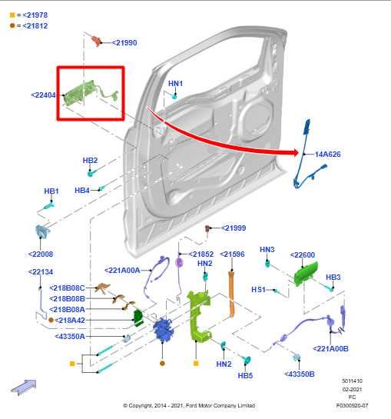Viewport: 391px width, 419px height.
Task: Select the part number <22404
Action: click(x=43, y=95)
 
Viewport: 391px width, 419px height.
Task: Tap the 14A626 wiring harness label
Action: click(x=327, y=155)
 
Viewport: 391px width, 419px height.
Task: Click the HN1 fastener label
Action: click(x=175, y=83)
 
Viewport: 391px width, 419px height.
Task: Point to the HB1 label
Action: click(x=51, y=191)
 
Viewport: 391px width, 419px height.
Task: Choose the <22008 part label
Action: click(x=41, y=254)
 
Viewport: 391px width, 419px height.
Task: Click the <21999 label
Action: click(x=234, y=228)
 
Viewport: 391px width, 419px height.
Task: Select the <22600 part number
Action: click(x=303, y=255)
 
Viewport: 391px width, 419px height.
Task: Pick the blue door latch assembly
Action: click(x=164, y=332)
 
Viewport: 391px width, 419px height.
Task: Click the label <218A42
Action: click(x=71, y=319)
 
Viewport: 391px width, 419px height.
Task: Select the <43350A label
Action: click(x=70, y=336)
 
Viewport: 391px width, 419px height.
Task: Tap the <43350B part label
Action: click(x=300, y=374)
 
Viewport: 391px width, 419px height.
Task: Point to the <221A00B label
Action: click(x=331, y=348)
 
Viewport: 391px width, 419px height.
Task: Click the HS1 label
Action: click(x=258, y=290)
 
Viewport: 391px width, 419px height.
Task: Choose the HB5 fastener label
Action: click(x=245, y=376)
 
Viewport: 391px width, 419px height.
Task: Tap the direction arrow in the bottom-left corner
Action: click(x=25, y=386)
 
